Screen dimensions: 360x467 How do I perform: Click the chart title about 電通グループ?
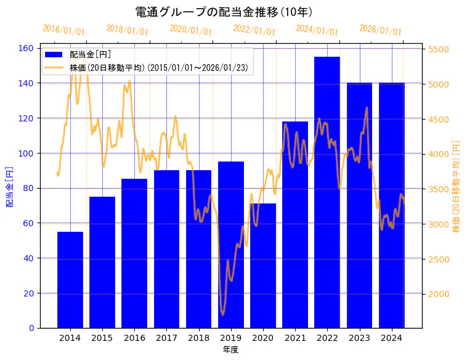224,12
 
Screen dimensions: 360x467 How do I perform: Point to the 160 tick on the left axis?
27,48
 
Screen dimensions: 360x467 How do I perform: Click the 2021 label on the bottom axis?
295,337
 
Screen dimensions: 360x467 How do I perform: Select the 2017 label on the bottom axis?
166,337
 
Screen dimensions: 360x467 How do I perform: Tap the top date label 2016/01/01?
63,30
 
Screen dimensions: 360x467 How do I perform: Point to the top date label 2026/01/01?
380,30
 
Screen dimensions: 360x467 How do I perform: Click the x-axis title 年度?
231,350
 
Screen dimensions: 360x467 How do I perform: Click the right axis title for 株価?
457,186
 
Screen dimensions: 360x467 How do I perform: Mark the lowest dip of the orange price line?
223,314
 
